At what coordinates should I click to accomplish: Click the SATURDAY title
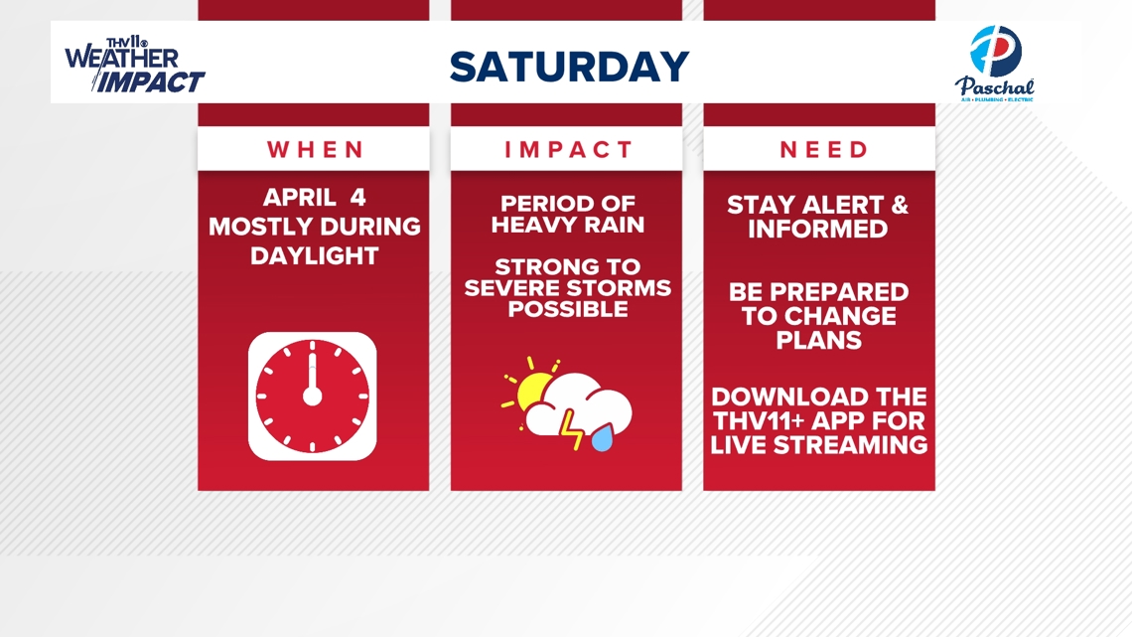point(568,67)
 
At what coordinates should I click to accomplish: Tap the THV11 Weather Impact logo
point(134,67)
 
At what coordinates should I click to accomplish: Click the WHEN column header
point(315,150)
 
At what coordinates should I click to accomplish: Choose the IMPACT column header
point(567,150)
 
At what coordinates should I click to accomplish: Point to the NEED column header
point(823,150)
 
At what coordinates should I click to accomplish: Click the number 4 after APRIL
point(357,197)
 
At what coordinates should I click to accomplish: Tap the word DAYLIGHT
point(314,255)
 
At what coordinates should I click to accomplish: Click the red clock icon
point(313,396)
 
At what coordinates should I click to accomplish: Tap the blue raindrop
point(603,438)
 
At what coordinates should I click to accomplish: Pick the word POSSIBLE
point(567,310)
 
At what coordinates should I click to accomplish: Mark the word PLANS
point(819,341)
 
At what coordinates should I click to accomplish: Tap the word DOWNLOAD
point(786,397)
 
